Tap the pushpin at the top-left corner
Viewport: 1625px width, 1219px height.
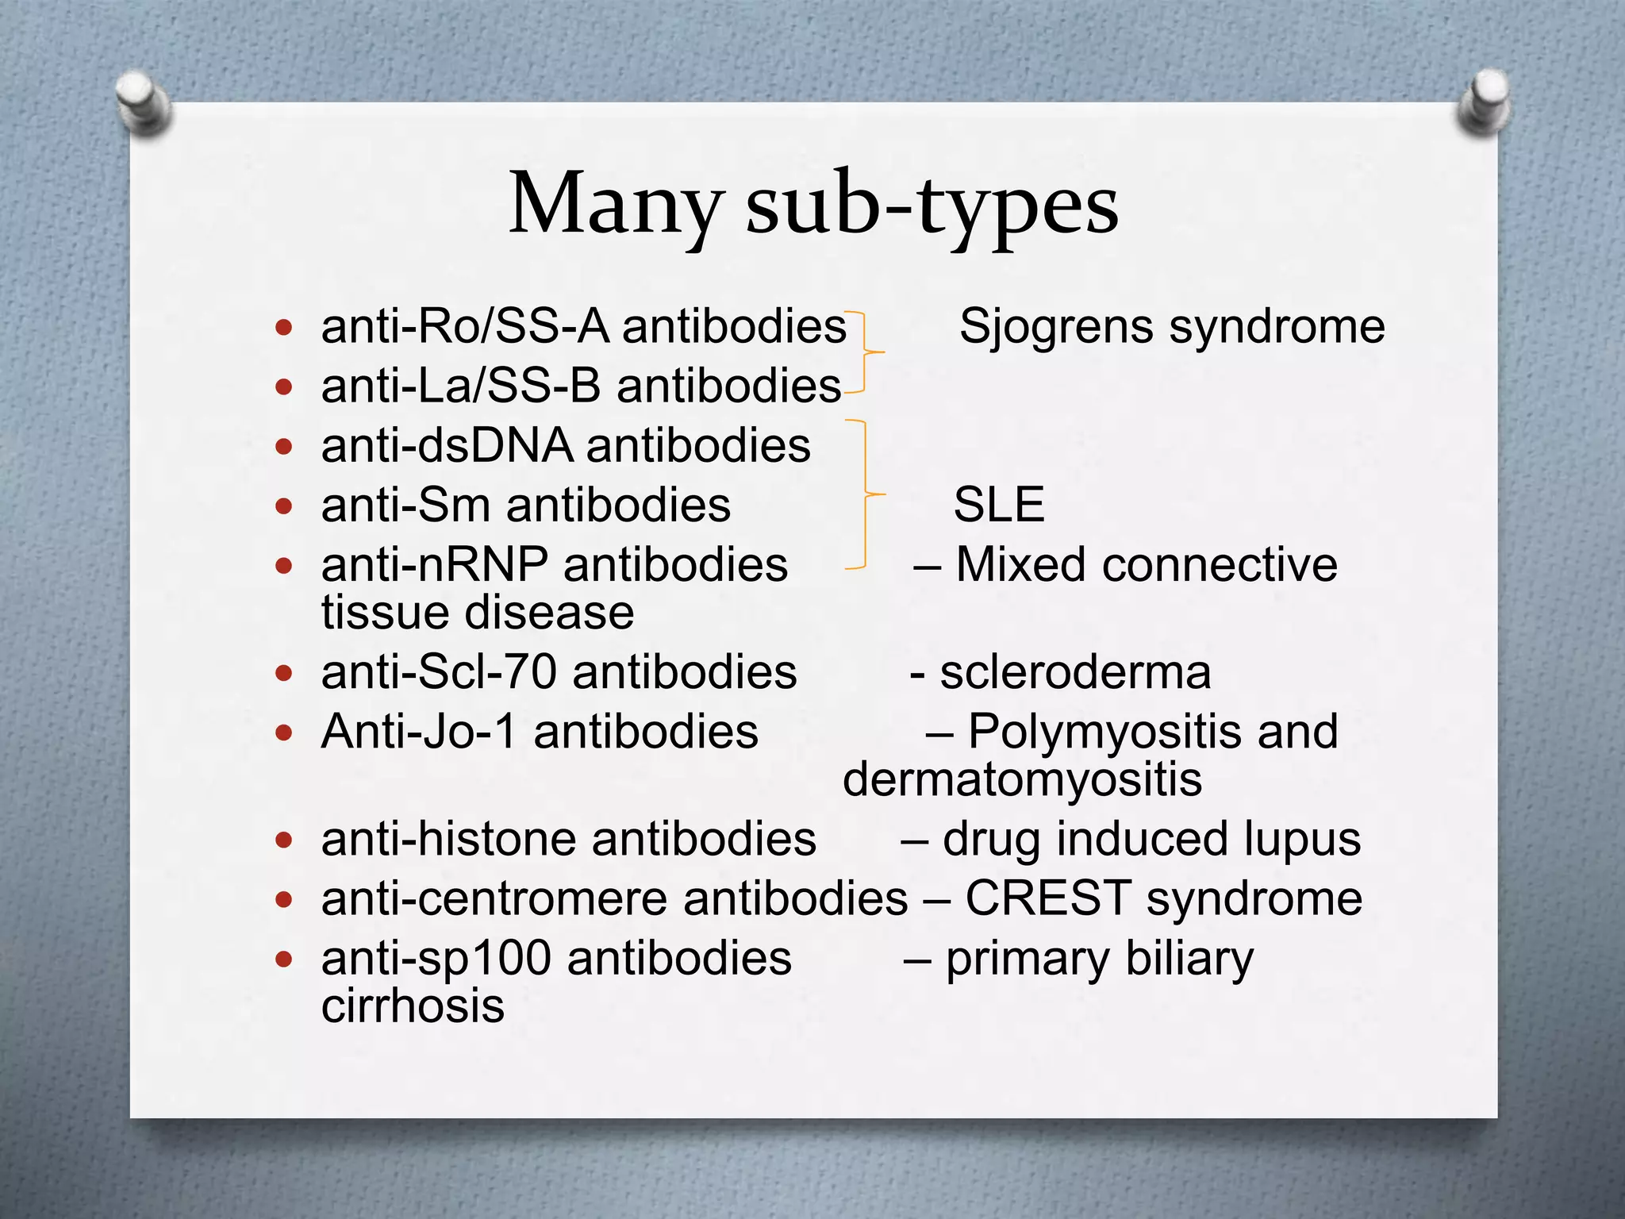144,102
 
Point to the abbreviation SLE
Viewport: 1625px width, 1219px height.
999,504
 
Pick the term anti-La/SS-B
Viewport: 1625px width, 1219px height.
463,386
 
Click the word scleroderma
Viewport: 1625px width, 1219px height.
1075,672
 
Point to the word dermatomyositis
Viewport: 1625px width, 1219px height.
1022,779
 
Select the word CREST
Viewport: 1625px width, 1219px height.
1047,898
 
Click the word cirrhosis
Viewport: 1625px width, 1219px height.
413,1006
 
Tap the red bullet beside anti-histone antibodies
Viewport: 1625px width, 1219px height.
284,840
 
